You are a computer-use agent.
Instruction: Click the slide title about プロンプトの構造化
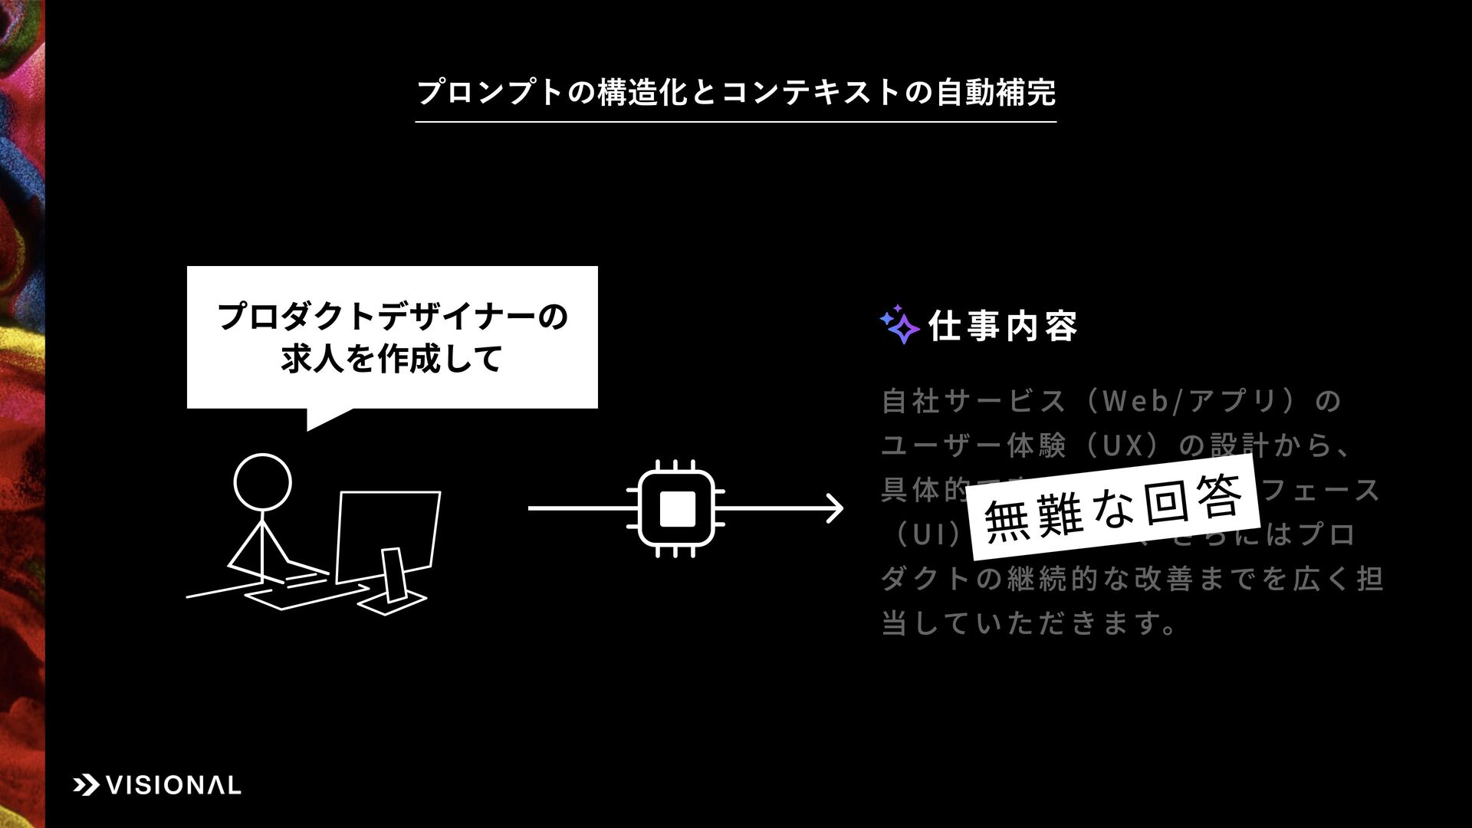[735, 93]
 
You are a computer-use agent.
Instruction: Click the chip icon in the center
[676, 508]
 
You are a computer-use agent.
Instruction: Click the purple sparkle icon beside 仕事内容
[899, 325]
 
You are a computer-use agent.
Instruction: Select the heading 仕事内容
[1003, 327]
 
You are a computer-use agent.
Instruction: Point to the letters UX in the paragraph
[1122, 445]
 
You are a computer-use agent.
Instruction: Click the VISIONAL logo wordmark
[172, 785]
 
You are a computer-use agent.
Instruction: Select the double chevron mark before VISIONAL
[86, 785]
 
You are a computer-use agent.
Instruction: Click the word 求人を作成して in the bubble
[392, 359]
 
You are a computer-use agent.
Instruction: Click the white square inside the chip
[676, 508]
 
